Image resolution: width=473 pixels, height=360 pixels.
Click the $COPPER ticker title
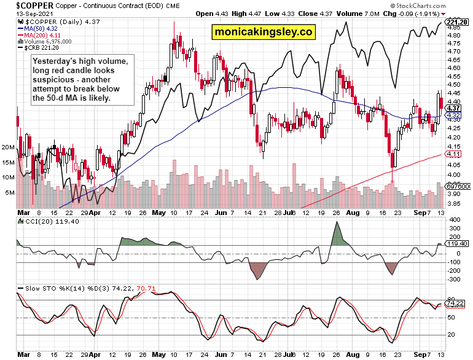pyautogui.click(x=28, y=5)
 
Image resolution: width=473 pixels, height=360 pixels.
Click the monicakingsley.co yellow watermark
pyautogui.click(x=262, y=33)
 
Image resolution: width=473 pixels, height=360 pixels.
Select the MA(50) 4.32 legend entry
pyautogui.click(x=37, y=28)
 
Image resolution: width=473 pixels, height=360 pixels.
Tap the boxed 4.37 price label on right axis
pyautogui.click(x=454, y=108)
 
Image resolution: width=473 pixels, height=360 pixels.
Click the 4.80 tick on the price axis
pyautogui.click(x=454, y=36)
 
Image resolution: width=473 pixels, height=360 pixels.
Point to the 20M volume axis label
pyautogui.click(x=9, y=147)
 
